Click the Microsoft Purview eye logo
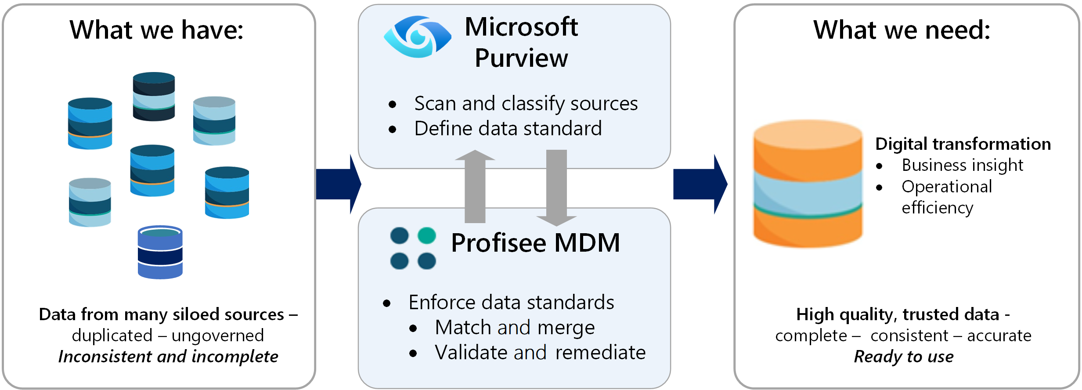pyautogui.click(x=417, y=37)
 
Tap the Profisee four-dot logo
pyautogui.click(x=413, y=248)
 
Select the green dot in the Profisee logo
pyautogui.click(x=426, y=236)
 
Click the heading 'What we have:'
pyautogui.click(x=156, y=30)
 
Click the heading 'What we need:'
pyautogui.click(x=902, y=30)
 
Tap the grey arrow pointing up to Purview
pyautogui.click(x=475, y=187)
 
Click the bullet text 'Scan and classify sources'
pyautogui.click(x=526, y=104)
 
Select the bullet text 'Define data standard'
pyautogui.click(x=508, y=129)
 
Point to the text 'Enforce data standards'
pyautogui.click(x=511, y=302)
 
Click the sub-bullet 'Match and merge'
pyautogui.click(x=515, y=328)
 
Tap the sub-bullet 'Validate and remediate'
pyautogui.click(x=540, y=353)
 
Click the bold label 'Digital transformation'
pyautogui.click(x=963, y=144)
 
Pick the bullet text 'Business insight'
pyautogui.click(x=962, y=165)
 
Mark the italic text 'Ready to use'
pyautogui.click(x=903, y=357)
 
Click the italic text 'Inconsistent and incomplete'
pyautogui.click(x=168, y=357)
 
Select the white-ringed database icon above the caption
pyautogui.click(x=160, y=253)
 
